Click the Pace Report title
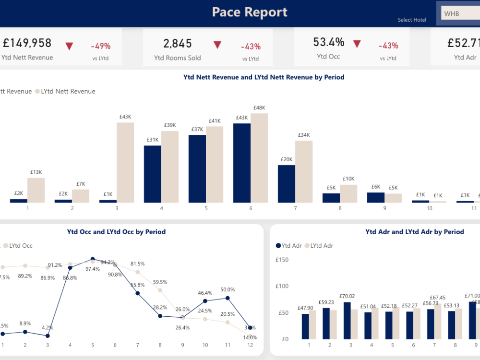250,12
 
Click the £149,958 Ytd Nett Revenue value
27,43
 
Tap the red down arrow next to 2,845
217,45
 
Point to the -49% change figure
101,46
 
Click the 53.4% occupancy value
329,42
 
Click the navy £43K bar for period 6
242,163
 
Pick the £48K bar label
259,108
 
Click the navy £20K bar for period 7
287,184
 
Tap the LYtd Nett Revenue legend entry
65,91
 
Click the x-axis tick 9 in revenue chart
384,208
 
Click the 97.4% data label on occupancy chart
92,269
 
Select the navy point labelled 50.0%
228,298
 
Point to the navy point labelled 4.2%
48,336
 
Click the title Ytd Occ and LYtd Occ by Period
116,232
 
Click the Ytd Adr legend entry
288,245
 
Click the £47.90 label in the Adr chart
305,308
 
